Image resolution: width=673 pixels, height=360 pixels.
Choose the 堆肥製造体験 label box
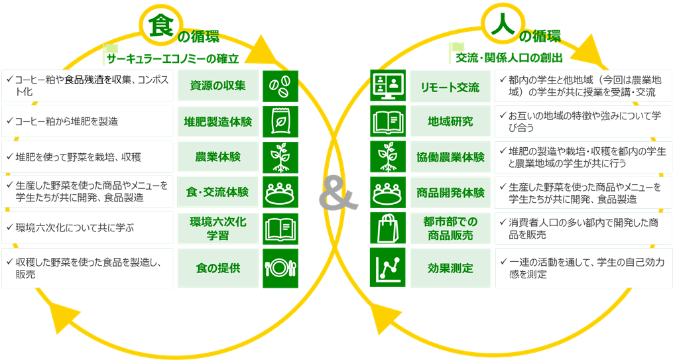(x=217, y=121)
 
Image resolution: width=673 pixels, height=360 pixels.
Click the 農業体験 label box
(x=217, y=157)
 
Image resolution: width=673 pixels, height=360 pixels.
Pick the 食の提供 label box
(x=217, y=269)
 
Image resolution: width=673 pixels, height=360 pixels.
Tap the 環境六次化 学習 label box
(x=217, y=229)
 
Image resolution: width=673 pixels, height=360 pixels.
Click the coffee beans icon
(x=280, y=86)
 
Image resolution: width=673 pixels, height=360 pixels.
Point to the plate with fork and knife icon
(x=280, y=269)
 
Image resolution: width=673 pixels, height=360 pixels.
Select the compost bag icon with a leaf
(x=280, y=121)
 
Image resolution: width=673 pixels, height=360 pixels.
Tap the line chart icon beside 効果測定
(x=387, y=269)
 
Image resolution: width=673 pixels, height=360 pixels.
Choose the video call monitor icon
(x=387, y=86)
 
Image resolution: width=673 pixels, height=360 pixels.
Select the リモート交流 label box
(x=450, y=86)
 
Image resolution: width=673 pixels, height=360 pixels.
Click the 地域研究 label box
(x=450, y=121)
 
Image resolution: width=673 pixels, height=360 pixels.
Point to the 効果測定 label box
(x=450, y=269)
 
